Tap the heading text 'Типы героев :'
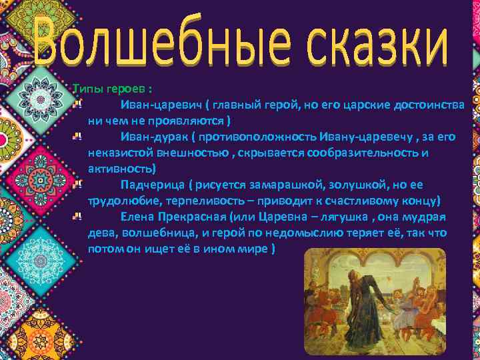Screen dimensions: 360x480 (111, 90)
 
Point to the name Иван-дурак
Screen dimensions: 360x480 (153, 137)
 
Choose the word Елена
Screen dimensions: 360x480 (137, 217)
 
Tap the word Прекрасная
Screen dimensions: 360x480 (192, 217)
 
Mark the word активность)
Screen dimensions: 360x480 (121, 169)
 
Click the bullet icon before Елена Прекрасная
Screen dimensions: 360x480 (77, 216)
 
